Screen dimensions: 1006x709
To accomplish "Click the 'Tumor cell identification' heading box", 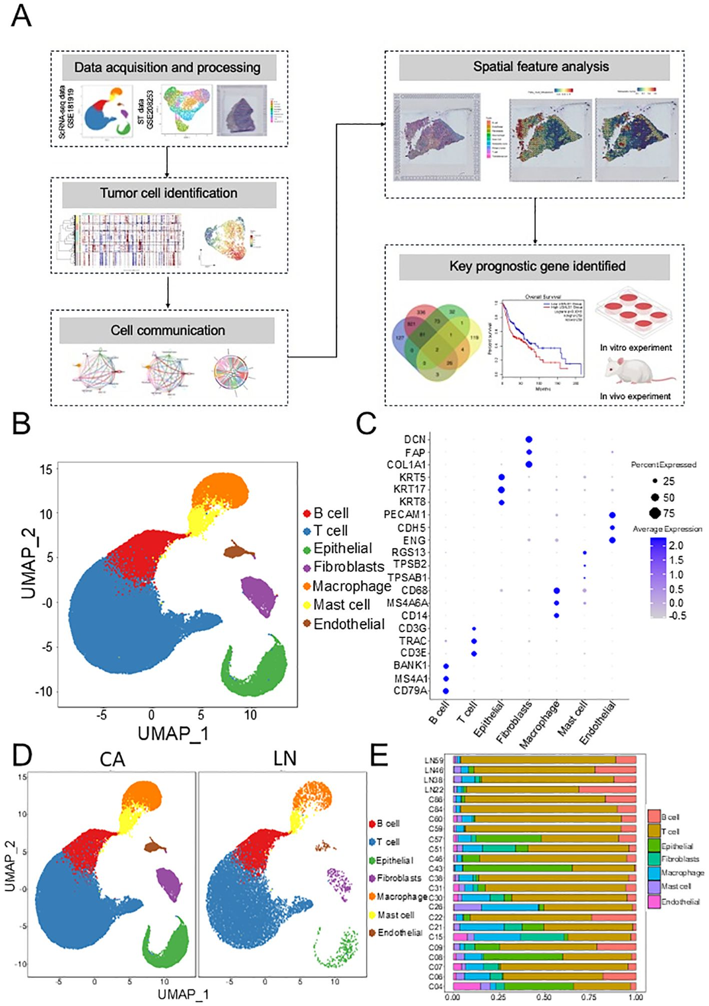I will tap(169, 194).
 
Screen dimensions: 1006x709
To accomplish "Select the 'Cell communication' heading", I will tap(167, 330).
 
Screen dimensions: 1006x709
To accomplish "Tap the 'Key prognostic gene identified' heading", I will tap(536, 266).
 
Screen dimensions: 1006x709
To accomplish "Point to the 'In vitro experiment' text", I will tap(636, 347).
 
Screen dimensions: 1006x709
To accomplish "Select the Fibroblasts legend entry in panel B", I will tap(344, 567).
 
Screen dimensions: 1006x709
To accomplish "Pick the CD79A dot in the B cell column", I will tap(446, 691).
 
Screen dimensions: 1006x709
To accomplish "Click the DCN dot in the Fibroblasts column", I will tap(529, 439).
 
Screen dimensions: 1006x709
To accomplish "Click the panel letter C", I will tap(366, 424).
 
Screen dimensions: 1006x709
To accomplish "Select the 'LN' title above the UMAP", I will tap(285, 758).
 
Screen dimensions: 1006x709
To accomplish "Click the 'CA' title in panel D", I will tap(112, 759).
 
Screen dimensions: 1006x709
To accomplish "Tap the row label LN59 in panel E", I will tap(434, 760).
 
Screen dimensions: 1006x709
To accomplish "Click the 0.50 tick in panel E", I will tap(544, 997).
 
